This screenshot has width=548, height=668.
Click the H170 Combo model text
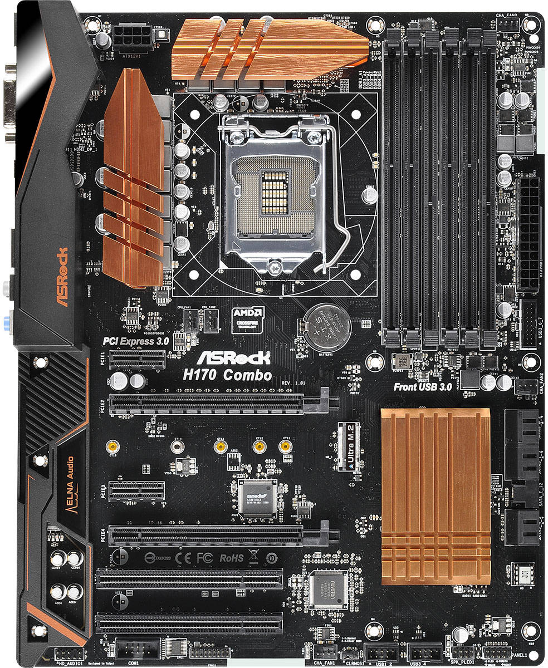tap(229, 375)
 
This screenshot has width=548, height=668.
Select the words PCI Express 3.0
tap(136, 341)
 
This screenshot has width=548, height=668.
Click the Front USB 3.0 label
tap(422, 387)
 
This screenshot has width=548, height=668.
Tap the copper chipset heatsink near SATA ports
tap(435, 495)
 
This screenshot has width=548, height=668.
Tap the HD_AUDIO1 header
tap(69, 654)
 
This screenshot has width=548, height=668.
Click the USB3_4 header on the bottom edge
tap(425, 652)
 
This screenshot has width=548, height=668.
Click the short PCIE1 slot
tap(136, 360)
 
